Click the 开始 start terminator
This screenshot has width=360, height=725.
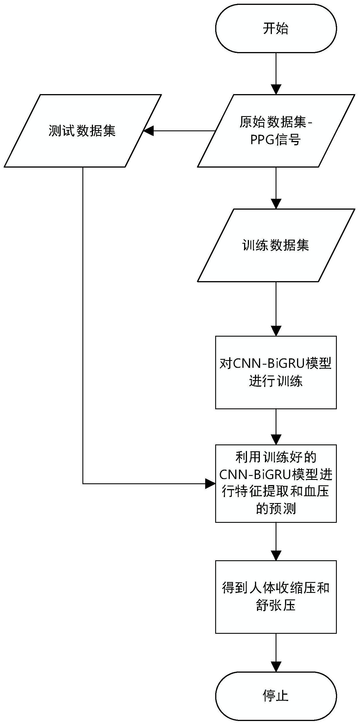click(x=276, y=28)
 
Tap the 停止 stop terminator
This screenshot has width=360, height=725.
click(x=276, y=696)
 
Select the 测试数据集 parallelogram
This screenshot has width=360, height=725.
click(x=83, y=131)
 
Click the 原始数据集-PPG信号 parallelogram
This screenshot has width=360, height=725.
click(x=276, y=131)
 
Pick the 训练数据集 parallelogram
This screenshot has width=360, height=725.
click(x=276, y=245)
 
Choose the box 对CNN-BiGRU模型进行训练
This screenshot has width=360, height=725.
click(x=276, y=372)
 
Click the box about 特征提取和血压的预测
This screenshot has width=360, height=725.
click(x=276, y=483)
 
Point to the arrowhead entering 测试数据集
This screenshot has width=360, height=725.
click(x=149, y=131)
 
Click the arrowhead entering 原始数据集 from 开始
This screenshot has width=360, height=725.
click(x=276, y=89)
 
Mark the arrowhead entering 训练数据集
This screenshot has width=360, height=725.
click(x=276, y=204)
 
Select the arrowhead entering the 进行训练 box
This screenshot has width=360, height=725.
click(x=276, y=331)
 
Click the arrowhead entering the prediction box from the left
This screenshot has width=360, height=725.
click(x=210, y=484)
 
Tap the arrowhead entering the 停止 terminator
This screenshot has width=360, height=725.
click(x=276, y=667)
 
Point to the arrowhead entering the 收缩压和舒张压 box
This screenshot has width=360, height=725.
click(x=276, y=555)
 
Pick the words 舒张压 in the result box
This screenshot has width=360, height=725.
click(x=276, y=605)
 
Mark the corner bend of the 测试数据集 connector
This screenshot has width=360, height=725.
click(x=83, y=484)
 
